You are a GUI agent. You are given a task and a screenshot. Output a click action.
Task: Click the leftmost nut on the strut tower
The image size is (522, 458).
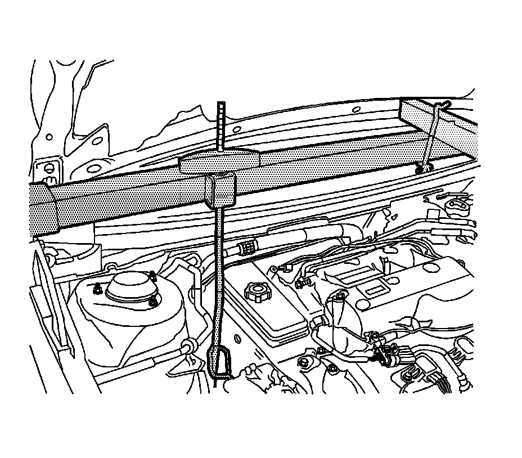(x=97, y=290)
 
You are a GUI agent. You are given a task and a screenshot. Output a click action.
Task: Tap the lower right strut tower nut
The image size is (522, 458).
(x=154, y=303)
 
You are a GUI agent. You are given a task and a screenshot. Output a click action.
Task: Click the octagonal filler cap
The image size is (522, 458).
(x=256, y=291)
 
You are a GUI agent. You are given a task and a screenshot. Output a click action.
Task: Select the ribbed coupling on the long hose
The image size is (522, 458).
(x=246, y=247)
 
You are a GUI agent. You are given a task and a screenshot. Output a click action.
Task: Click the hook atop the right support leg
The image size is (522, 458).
(x=444, y=104)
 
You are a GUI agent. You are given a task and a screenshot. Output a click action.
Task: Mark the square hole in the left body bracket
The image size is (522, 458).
(x=48, y=168)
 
